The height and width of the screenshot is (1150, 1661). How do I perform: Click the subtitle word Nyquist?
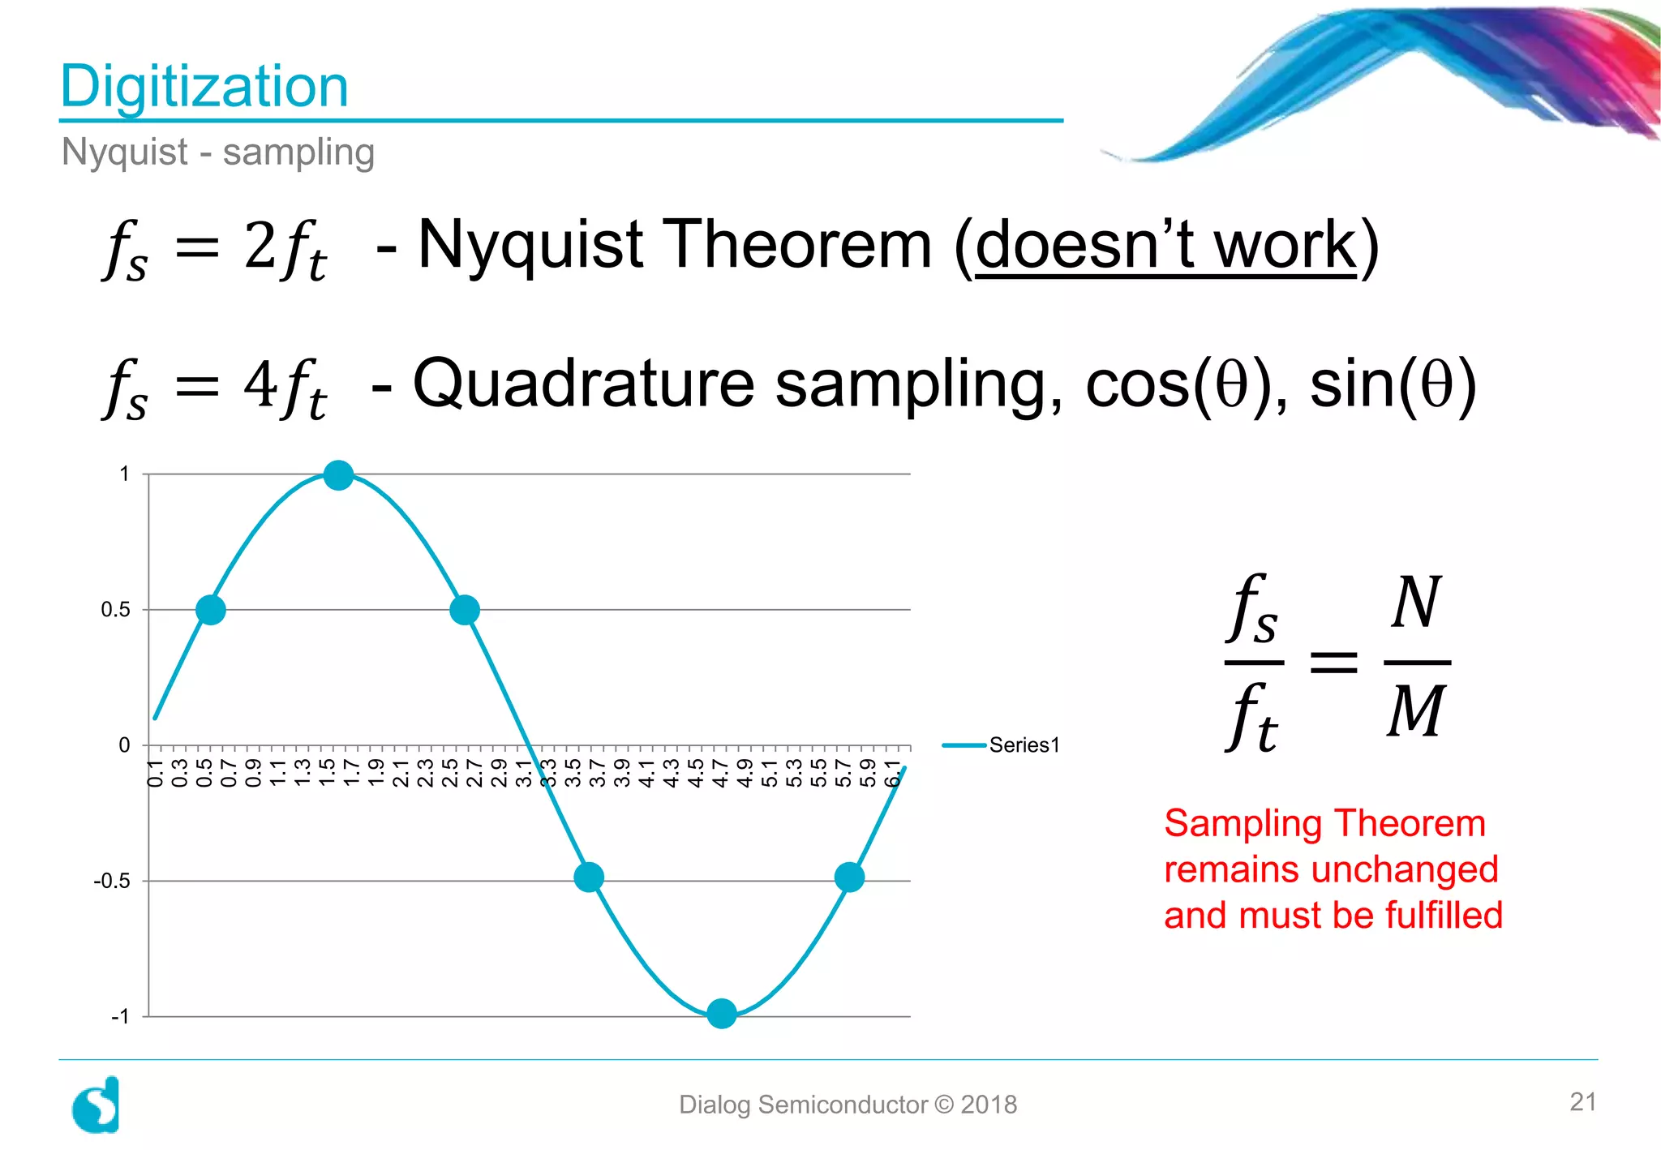(124, 152)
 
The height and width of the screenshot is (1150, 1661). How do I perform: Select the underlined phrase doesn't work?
(1165, 246)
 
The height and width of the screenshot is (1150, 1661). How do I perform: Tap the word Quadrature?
(583, 384)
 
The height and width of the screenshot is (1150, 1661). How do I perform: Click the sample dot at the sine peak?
(338, 475)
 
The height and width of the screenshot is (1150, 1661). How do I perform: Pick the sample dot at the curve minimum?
(721, 1014)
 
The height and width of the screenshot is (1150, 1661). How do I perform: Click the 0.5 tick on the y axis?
(115, 610)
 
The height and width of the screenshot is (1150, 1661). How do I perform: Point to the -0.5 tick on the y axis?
(112, 881)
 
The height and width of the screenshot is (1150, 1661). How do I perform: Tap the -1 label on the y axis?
(119, 1016)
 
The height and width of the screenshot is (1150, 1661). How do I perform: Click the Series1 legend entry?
(1024, 745)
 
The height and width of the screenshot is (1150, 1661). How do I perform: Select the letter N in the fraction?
(1415, 603)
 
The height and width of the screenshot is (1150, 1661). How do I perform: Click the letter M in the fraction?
(1415, 711)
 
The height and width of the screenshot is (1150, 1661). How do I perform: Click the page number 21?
(1582, 1102)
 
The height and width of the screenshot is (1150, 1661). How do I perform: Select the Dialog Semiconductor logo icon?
(97, 1105)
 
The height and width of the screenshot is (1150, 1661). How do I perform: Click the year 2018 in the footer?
(988, 1105)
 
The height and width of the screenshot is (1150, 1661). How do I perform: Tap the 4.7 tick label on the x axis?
(719, 773)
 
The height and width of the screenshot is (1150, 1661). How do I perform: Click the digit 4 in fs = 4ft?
(260, 384)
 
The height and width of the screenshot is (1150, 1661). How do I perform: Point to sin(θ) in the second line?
(1392, 384)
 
